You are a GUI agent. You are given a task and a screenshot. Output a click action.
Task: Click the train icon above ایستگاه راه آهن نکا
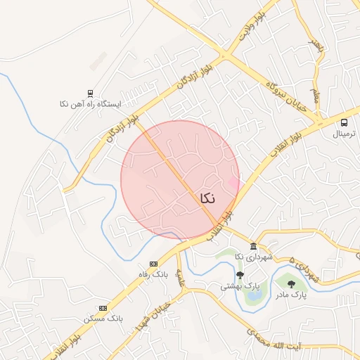click(90, 93)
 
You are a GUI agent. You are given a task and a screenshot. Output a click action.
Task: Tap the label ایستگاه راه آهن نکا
click(91, 103)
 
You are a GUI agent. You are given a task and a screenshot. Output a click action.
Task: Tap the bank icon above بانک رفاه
click(153, 264)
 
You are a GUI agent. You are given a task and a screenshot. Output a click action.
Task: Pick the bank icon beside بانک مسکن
click(103, 308)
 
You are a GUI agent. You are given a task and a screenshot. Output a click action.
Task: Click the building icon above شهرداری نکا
click(252, 247)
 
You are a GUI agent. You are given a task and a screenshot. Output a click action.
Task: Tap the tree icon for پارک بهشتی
click(240, 275)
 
